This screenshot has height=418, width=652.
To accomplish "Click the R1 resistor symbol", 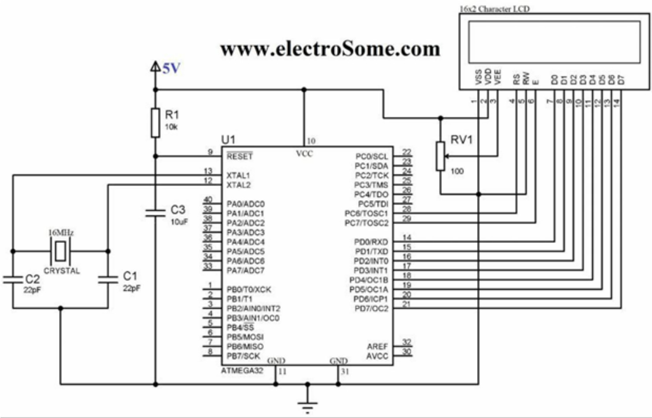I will (155, 123).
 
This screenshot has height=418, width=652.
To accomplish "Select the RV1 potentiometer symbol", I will (441, 156).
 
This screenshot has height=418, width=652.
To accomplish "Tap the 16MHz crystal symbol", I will (61, 251).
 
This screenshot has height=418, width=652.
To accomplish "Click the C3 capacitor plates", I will (155, 213).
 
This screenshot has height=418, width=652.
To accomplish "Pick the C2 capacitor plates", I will (13, 279).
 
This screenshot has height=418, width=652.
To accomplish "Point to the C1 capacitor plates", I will (108, 279).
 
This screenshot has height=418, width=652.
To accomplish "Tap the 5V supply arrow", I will (155, 67).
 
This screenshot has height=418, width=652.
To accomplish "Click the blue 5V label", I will (172, 68).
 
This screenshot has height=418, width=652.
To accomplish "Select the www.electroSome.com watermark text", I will (330, 49).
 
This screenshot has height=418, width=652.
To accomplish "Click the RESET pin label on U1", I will (240, 157).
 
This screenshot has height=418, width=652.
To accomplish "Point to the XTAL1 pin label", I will (238, 175).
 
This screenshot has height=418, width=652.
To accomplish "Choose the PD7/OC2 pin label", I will (371, 309).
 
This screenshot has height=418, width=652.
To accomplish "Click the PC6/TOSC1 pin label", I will (367, 213).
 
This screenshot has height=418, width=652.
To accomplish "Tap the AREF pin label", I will (378, 347).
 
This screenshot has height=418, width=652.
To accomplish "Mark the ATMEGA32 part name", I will (242, 371).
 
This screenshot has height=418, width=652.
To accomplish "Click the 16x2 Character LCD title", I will (494, 9).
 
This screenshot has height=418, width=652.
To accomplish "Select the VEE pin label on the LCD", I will (498, 77).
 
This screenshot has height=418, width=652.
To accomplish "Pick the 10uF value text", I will (179, 222).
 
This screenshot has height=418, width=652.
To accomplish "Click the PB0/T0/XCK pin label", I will (249, 290).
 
